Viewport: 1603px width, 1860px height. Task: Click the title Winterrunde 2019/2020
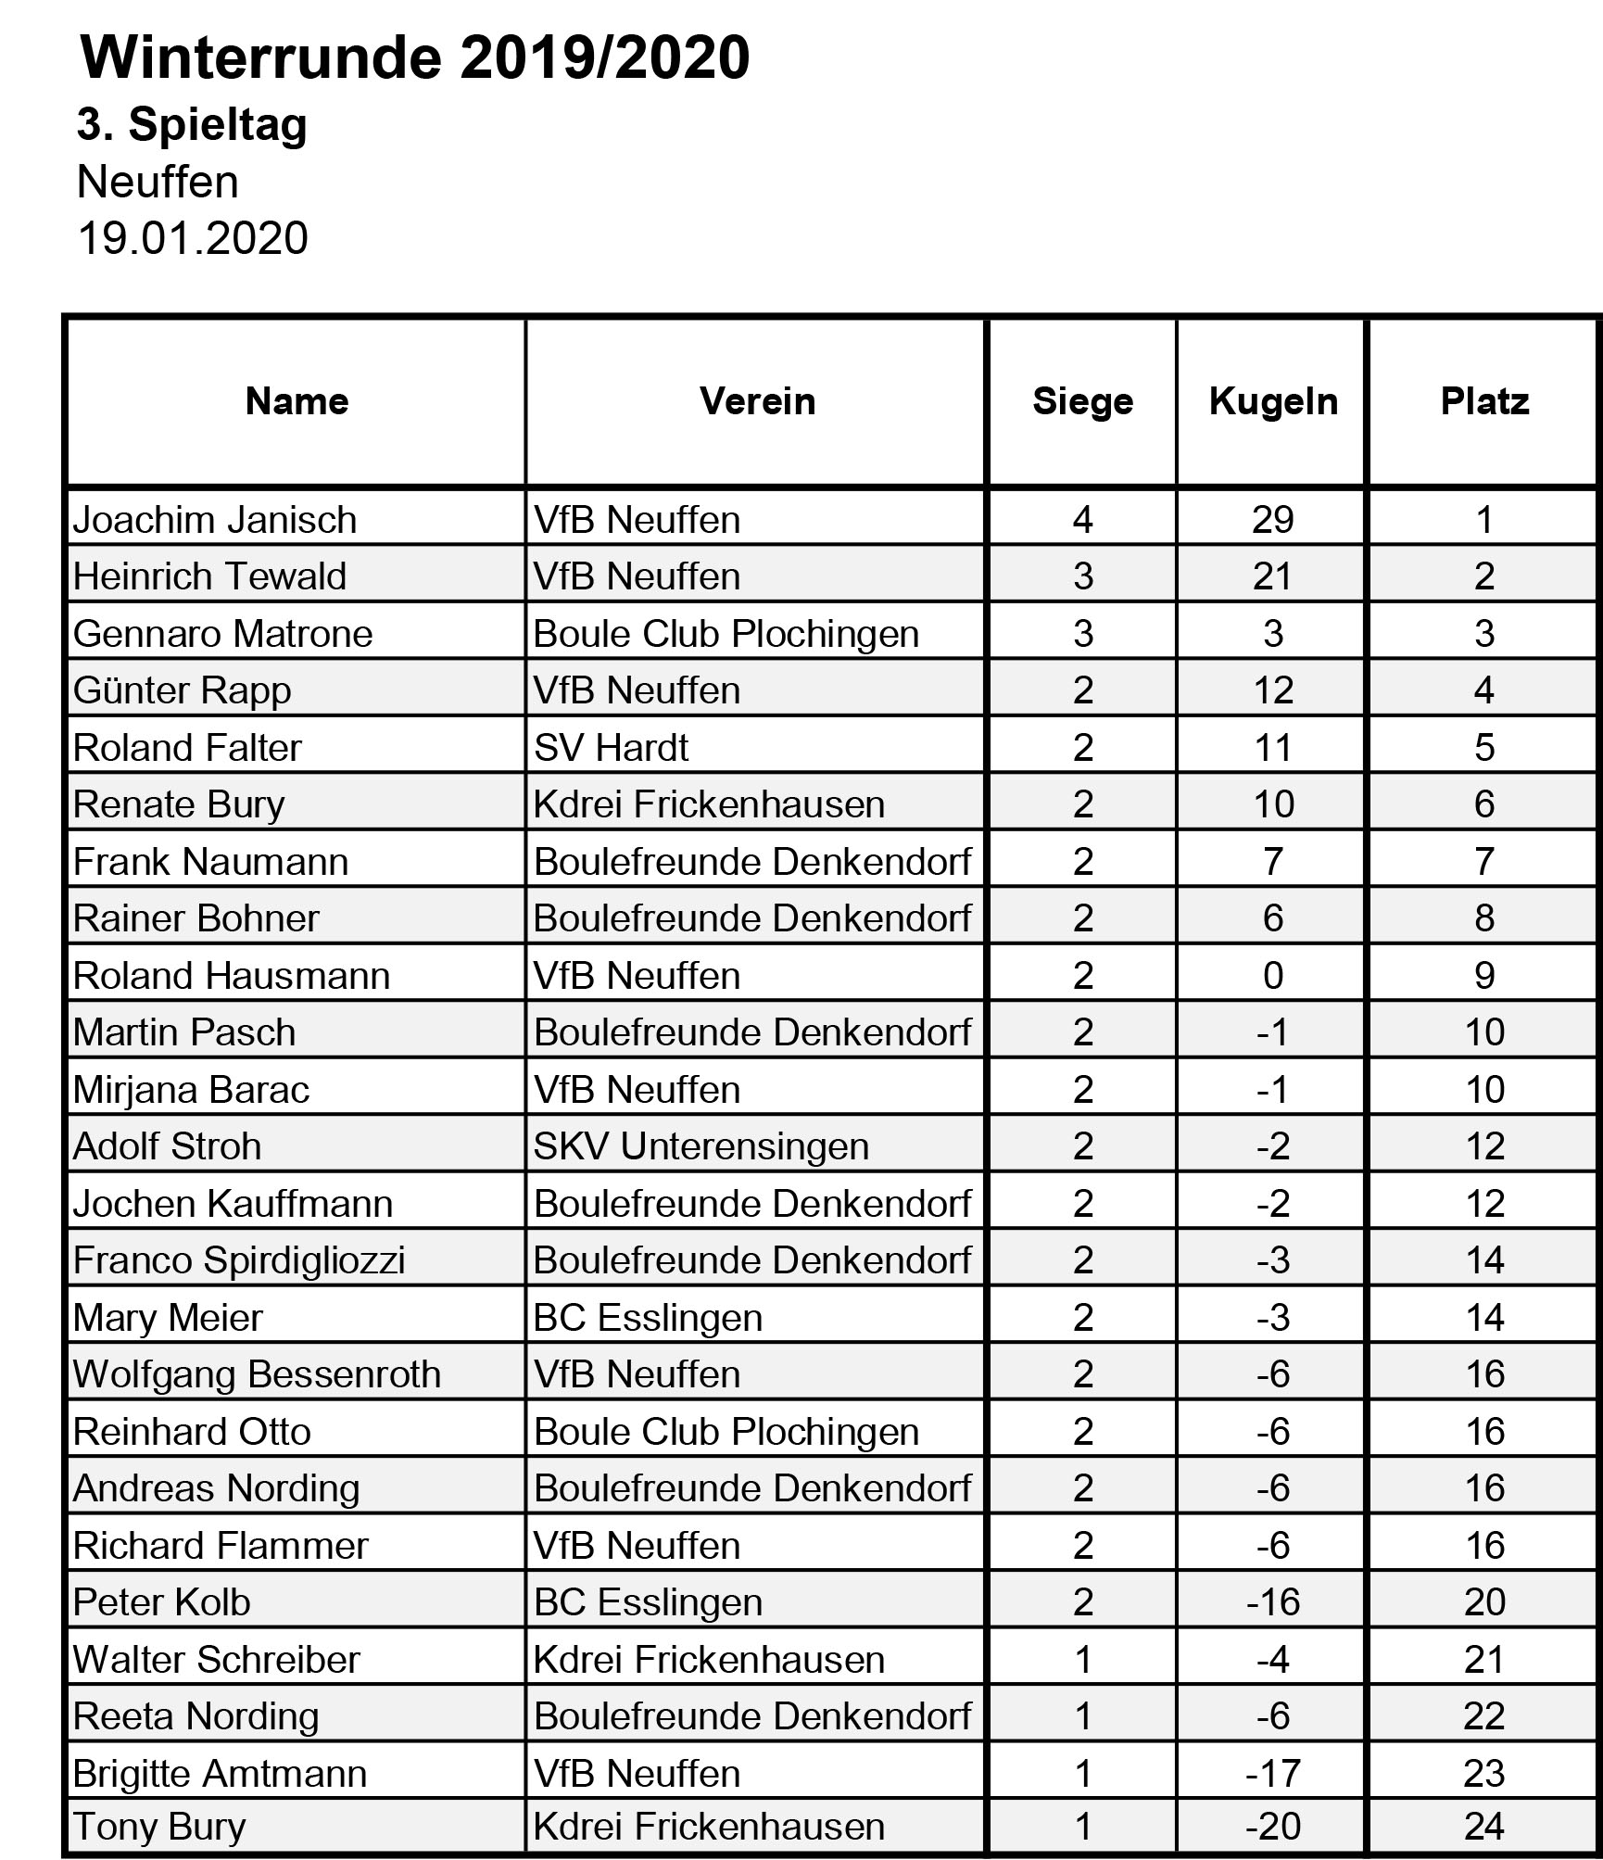[414, 57]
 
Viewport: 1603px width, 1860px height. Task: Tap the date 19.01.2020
[193, 238]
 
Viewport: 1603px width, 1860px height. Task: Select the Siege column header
[1082, 401]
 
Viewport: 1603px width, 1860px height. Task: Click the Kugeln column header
[1273, 401]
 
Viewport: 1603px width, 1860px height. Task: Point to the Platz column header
[1483, 401]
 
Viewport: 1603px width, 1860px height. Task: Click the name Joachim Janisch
[215, 520]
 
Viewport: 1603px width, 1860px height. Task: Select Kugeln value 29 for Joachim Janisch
[1272, 520]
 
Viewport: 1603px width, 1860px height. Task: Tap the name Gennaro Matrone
[222, 634]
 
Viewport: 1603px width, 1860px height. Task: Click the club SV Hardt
[611, 748]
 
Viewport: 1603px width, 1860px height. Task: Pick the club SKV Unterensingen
[701, 1146]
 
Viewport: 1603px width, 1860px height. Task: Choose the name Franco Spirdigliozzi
[239, 1260]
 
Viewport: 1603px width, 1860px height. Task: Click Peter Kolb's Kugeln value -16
[1272, 1602]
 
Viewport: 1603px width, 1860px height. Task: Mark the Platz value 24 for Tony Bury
[1483, 1826]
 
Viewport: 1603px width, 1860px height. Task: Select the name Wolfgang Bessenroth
[257, 1374]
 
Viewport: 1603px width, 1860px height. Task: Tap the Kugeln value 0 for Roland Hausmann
[1272, 976]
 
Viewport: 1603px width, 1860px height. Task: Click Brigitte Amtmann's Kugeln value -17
[1272, 1773]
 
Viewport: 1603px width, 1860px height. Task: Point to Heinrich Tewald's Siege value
[1082, 576]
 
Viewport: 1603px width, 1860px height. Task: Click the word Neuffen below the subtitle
[158, 182]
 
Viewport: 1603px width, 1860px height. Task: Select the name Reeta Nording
[196, 1716]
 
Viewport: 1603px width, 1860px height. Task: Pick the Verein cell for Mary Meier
[648, 1318]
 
